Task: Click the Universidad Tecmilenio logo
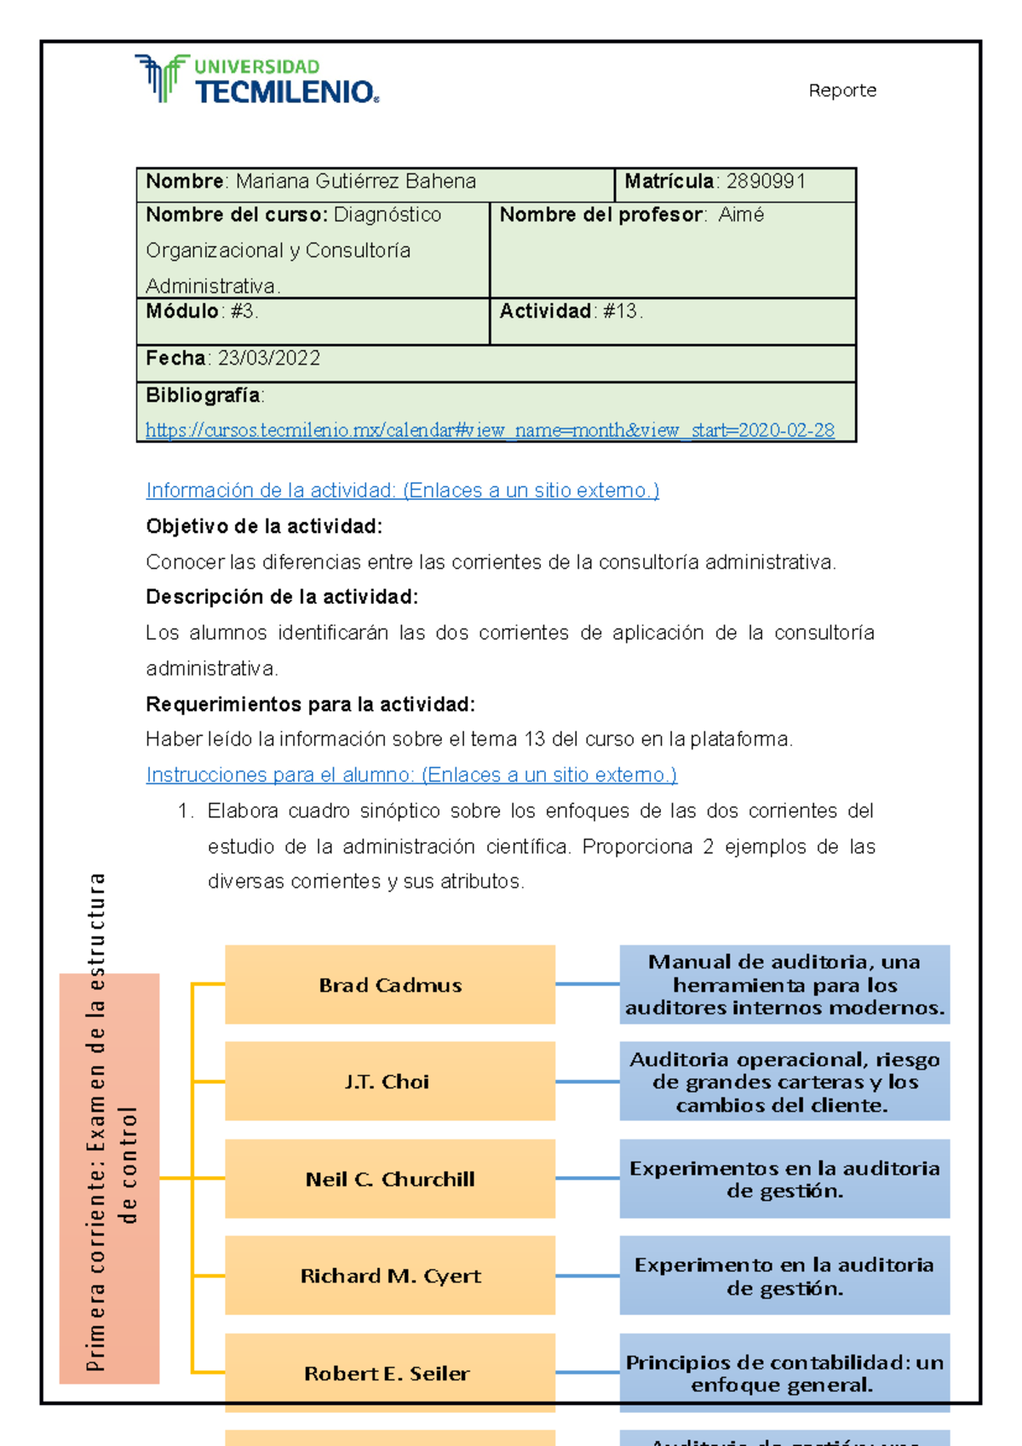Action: click(x=255, y=79)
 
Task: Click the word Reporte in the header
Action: click(x=841, y=90)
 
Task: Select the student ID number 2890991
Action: click(x=765, y=181)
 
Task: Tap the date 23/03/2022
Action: click(x=269, y=359)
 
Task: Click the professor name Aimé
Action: click(x=740, y=215)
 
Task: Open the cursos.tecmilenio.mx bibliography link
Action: click(x=490, y=431)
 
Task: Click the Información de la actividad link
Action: click(x=402, y=491)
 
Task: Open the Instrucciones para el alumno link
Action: click(x=411, y=775)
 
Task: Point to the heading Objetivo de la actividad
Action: click(x=264, y=526)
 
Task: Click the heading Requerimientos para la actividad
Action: click(x=310, y=704)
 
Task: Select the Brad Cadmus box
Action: click(x=390, y=984)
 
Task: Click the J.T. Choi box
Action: click(x=390, y=1081)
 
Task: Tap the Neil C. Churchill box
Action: click(x=390, y=1179)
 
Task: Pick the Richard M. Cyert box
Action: click(x=390, y=1276)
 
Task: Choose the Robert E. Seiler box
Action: click(x=390, y=1373)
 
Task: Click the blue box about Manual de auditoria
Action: click(x=784, y=984)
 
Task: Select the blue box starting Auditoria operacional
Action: click(x=784, y=1082)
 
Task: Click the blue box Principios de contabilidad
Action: click(x=784, y=1373)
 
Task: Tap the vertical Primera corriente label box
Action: click(x=109, y=1179)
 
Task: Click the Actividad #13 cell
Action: click(x=672, y=320)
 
